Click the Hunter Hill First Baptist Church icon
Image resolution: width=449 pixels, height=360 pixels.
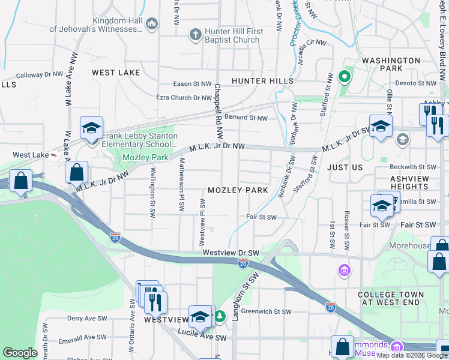coord(195,35)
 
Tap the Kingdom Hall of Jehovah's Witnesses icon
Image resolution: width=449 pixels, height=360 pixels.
coord(151,24)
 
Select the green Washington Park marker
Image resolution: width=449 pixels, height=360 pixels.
coord(344,76)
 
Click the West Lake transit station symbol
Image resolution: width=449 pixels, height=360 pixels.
coord(54,154)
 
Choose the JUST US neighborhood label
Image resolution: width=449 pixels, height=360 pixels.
coord(345,167)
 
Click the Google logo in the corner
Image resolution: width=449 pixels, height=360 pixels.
coord(20,353)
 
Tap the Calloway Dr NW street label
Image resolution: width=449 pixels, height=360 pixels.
coord(40,75)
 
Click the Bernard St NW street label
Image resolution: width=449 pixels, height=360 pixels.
coord(246,118)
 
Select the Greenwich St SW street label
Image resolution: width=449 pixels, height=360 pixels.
coord(267,311)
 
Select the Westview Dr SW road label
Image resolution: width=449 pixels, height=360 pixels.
coord(231,253)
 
